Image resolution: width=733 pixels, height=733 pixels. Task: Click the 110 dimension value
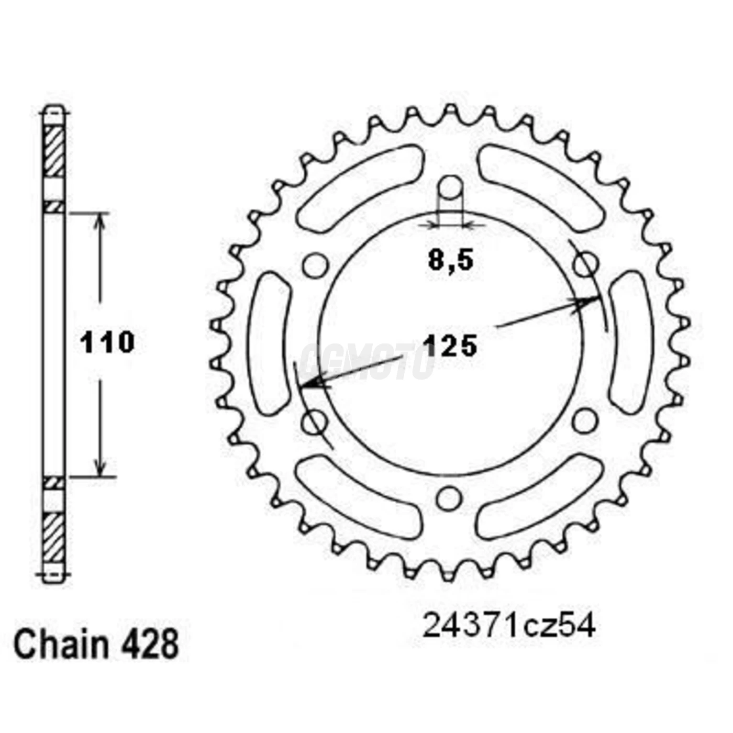point(107,343)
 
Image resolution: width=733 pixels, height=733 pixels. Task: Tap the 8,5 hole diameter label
point(450,260)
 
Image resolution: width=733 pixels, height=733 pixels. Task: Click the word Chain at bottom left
point(61,645)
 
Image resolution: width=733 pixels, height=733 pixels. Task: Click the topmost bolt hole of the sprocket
point(451,187)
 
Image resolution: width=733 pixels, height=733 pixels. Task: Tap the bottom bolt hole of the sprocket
point(447,499)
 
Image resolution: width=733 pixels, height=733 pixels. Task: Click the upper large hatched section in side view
point(53,152)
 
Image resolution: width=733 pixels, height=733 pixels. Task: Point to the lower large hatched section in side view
point(53,538)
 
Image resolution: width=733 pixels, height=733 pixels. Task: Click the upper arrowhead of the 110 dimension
point(99,220)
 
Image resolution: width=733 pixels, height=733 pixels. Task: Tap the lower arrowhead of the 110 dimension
point(99,470)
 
